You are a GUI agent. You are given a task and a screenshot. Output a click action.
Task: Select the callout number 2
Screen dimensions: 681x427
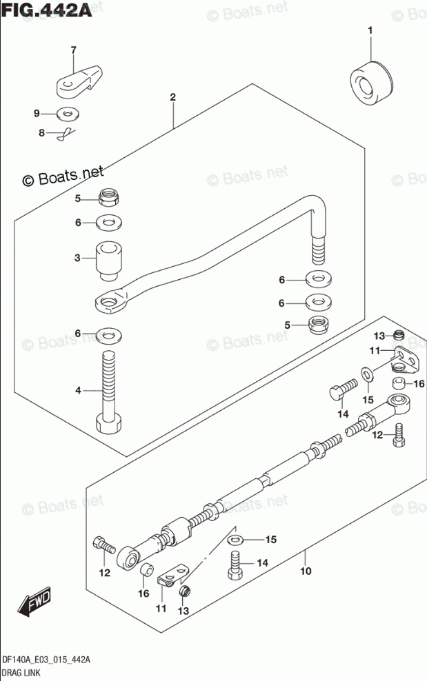pos(172,97)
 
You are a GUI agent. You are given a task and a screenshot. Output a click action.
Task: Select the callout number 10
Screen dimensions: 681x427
pos(306,571)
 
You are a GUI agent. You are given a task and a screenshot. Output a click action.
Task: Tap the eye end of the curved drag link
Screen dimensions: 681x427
pos(111,300)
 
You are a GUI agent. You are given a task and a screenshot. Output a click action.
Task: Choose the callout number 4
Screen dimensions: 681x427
pos(78,391)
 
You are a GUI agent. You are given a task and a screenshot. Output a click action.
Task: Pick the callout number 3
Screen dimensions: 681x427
pos(78,258)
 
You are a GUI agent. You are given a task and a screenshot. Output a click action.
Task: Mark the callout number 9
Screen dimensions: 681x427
pos(39,113)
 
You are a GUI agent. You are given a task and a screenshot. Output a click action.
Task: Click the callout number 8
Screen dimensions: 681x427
pos(41,132)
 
